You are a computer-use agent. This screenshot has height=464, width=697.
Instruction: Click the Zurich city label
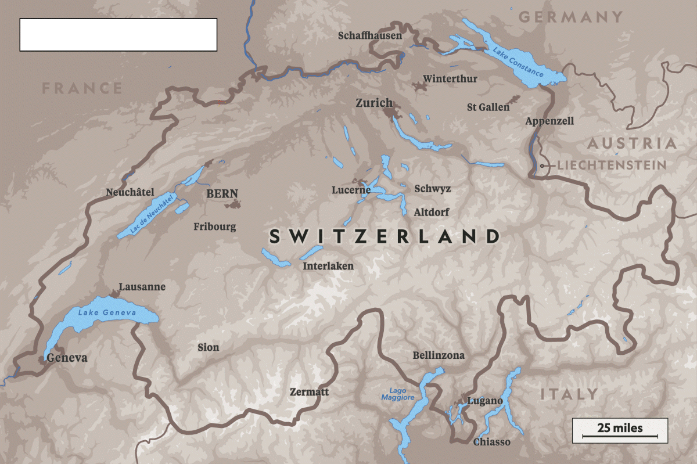point(373,103)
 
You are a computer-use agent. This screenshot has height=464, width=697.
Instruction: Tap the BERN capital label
point(222,194)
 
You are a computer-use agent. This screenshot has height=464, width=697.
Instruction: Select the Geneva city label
point(67,358)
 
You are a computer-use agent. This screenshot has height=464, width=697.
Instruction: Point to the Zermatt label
point(309,392)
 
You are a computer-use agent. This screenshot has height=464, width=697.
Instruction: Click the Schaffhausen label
point(370,36)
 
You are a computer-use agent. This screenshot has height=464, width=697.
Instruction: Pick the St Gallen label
point(488,107)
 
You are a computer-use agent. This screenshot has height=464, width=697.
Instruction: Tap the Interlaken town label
point(328,266)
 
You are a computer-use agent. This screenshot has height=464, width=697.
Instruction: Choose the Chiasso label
point(491,442)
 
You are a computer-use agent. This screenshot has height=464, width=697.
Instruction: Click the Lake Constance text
point(518,63)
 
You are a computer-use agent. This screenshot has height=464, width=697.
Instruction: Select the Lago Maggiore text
point(398,394)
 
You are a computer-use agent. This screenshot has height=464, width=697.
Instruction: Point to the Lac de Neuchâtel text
point(152,214)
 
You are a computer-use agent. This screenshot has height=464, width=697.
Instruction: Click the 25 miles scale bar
point(620,430)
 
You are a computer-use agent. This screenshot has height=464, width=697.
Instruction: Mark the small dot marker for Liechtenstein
point(542,166)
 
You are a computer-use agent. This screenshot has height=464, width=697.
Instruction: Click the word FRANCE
point(82,88)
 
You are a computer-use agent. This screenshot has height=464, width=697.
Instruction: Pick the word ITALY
point(569,394)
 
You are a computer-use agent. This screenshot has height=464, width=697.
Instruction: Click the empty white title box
point(118,35)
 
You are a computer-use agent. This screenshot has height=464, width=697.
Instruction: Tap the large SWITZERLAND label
point(385,236)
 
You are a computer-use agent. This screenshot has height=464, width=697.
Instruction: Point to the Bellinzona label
point(438,355)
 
